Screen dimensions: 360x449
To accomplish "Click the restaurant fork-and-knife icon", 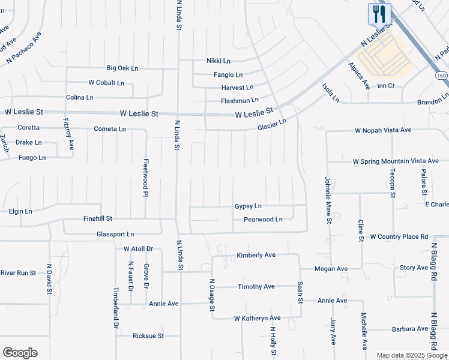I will (379, 14).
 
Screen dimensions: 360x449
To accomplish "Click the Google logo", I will (20, 353).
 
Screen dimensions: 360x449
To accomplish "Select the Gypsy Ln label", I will (249, 206).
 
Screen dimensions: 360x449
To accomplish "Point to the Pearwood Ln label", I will (263, 220).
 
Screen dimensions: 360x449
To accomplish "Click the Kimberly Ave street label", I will (256, 255).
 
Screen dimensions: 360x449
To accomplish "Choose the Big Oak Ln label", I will (122, 68).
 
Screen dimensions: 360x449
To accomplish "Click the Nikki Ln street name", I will (218, 61).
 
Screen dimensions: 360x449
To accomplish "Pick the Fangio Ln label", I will (228, 75).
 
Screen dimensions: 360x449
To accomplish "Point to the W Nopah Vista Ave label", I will (383, 130).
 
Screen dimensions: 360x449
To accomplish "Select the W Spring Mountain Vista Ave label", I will (396, 161).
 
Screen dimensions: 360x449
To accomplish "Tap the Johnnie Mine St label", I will (329, 200).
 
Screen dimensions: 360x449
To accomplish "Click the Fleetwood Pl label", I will (146, 177).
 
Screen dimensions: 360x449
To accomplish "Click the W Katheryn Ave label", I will (257, 317).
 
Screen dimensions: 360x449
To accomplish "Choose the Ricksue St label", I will (148, 335).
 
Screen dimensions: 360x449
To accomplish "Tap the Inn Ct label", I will (385, 86).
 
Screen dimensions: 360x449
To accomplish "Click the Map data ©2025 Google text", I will (412, 356).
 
